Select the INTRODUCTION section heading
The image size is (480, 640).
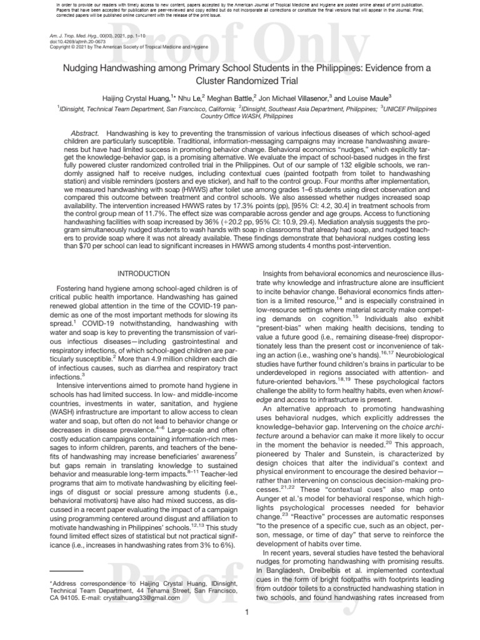[x=144, y=274]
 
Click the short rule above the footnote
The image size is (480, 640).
[x=66, y=571]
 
